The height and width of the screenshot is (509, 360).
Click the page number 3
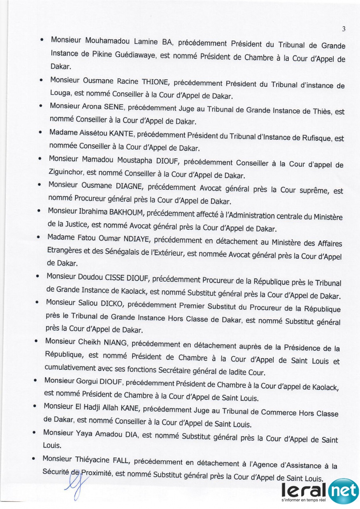343,29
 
